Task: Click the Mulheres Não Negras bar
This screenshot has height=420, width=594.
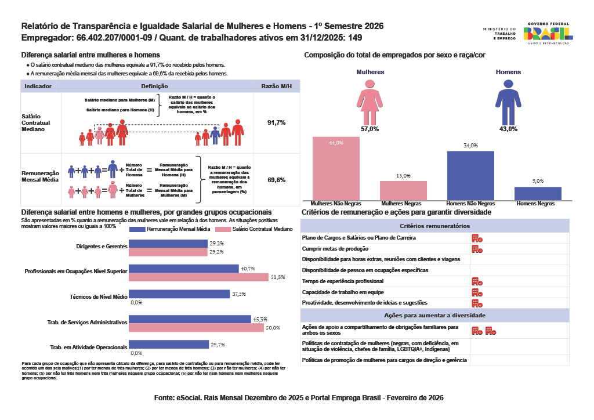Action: (x=336, y=169)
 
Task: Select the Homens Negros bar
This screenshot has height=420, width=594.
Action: (x=538, y=194)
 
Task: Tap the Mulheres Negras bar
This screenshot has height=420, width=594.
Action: (x=403, y=191)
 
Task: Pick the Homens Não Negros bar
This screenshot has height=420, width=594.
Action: (x=470, y=176)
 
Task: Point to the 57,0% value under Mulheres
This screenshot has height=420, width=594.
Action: (x=370, y=129)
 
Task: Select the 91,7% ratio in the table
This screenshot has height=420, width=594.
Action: (x=276, y=123)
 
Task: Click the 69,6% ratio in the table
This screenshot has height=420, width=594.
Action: (x=276, y=180)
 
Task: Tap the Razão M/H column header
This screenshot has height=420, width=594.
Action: (x=276, y=86)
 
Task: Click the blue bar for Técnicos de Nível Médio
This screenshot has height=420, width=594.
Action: (x=179, y=294)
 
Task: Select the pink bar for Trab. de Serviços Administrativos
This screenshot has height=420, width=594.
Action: (x=196, y=328)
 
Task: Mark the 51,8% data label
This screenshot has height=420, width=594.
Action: (x=277, y=277)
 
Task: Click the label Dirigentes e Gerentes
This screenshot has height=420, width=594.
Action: (x=102, y=247)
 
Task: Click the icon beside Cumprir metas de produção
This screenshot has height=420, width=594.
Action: (x=477, y=249)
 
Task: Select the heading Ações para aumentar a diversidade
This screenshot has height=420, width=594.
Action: (x=434, y=315)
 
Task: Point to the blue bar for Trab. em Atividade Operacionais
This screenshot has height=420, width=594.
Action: (x=168, y=345)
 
